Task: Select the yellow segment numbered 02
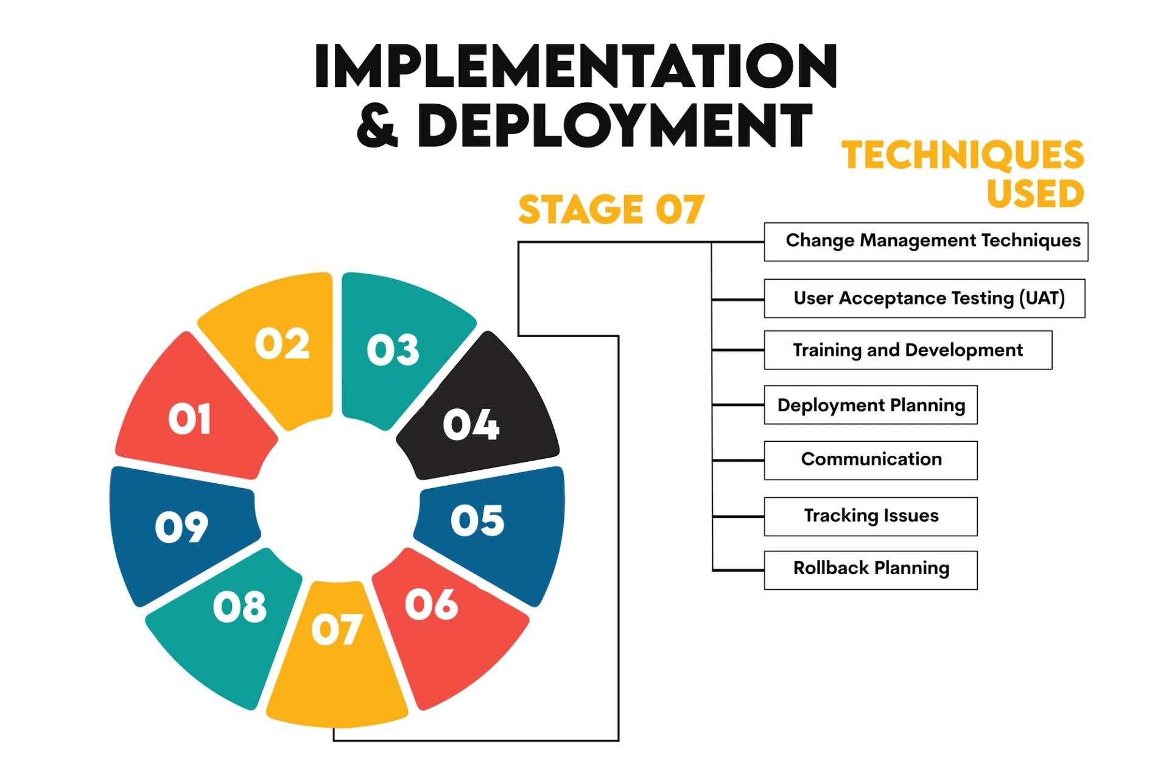(280, 347)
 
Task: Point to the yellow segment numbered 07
(337, 646)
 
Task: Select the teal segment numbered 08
(234, 615)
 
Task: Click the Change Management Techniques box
(926, 242)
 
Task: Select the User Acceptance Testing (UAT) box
(924, 299)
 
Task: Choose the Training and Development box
(908, 350)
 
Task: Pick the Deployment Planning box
(871, 405)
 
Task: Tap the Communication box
(871, 460)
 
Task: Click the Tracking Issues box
(871, 517)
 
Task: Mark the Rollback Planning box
(871, 570)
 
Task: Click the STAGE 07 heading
(611, 210)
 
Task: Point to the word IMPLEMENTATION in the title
(575, 67)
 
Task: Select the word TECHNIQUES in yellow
(963, 155)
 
